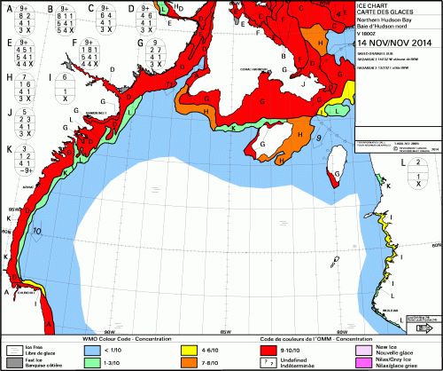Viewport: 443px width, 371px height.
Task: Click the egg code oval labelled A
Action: [22, 20]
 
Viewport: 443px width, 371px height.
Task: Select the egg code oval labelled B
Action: [66, 20]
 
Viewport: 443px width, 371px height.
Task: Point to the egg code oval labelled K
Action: [22, 157]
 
